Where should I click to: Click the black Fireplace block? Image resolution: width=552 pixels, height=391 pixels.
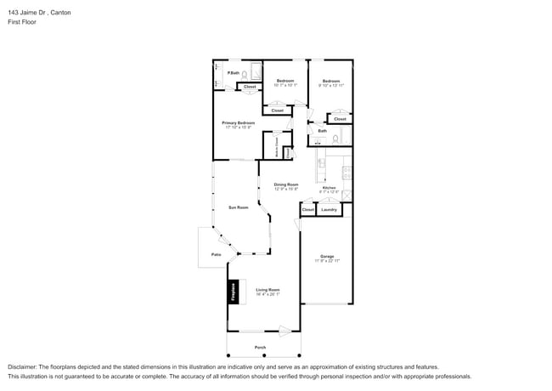[x=231, y=292]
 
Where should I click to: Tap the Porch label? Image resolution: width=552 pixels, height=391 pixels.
[x=260, y=348]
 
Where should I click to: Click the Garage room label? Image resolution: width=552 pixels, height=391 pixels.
[x=327, y=256]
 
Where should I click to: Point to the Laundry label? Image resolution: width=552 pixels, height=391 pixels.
[x=329, y=209]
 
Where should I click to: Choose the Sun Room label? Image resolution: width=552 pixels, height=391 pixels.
[x=238, y=207]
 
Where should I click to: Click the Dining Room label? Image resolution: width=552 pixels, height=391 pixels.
[x=286, y=184]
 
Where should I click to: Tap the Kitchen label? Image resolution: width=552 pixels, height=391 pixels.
[x=329, y=188]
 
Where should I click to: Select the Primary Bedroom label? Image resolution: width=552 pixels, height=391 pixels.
[x=239, y=123]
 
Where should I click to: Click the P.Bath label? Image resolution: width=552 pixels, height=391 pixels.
[x=233, y=73]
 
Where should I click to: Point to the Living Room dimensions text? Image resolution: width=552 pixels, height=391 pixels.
[x=268, y=295]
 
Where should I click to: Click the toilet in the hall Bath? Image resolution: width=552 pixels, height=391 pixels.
[x=335, y=139]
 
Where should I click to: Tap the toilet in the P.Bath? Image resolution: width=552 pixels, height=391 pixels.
[x=244, y=75]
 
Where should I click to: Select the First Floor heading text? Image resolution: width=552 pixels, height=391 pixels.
[x=22, y=22]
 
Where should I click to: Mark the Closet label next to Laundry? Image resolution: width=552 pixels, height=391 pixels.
[x=307, y=209]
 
